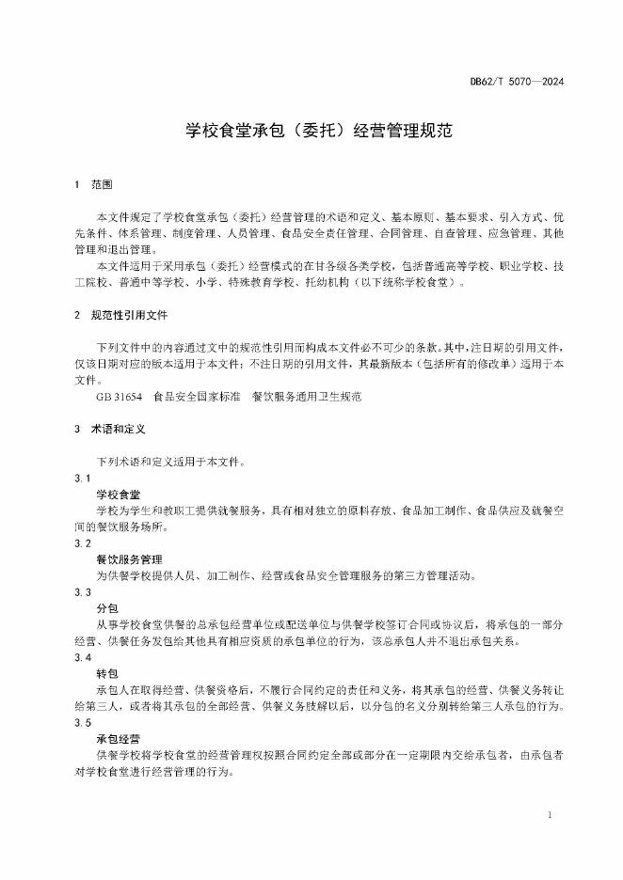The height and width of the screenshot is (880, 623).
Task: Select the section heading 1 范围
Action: click(x=91, y=184)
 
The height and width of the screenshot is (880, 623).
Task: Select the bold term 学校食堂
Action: click(x=119, y=495)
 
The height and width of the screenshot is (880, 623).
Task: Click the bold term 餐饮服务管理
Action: click(x=129, y=559)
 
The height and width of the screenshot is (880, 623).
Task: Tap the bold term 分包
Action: click(x=106, y=608)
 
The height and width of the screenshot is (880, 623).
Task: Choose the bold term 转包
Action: click(x=106, y=673)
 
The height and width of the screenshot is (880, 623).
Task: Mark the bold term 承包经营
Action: click(x=119, y=739)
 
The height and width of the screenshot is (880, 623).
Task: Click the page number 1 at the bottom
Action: click(x=549, y=814)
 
